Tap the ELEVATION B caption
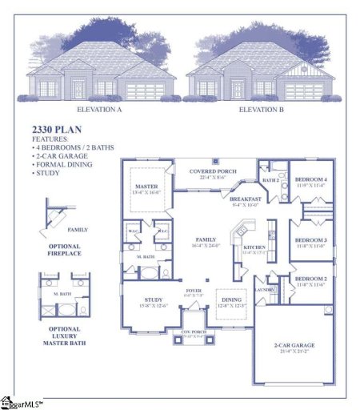tap(261, 108)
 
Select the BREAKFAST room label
tap(246, 199)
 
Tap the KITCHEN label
tap(254, 248)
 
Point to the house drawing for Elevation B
tap(261, 70)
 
